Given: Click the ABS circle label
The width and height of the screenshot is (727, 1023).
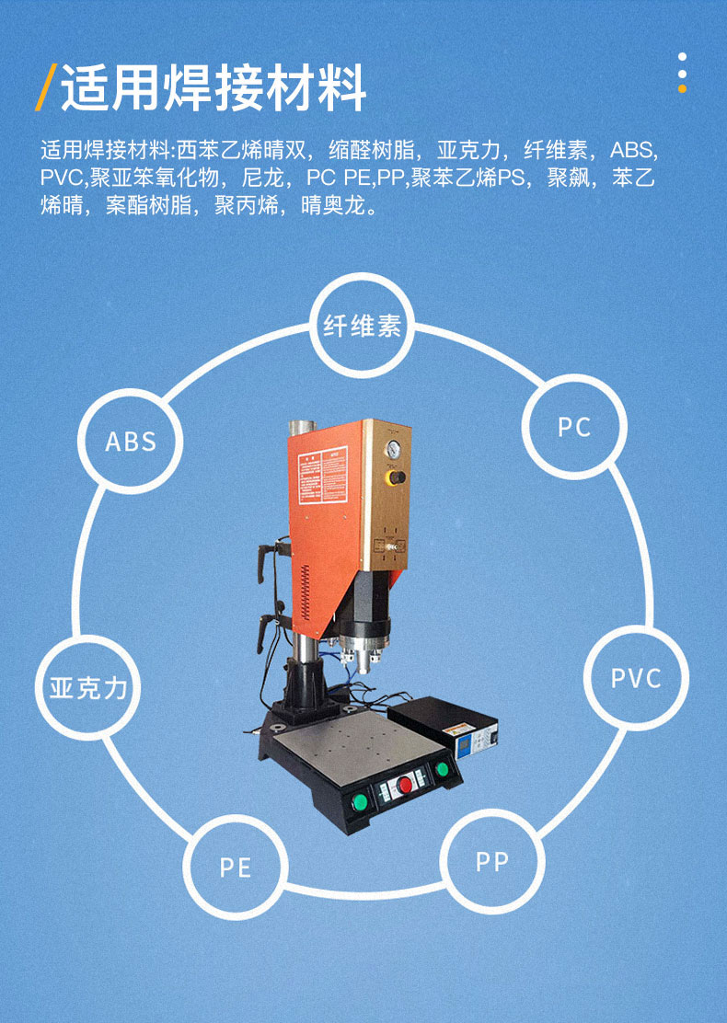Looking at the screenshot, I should pyautogui.click(x=131, y=441).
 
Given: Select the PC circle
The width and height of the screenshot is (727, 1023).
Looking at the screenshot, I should pyautogui.click(x=574, y=426).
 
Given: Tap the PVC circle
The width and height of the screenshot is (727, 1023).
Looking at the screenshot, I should pyautogui.click(x=636, y=678).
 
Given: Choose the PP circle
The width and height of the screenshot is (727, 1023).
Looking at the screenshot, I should pyautogui.click(x=492, y=862).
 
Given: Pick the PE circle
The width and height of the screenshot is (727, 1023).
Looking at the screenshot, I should pyautogui.click(x=236, y=867).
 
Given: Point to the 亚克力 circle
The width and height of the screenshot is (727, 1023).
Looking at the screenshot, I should pyautogui.click(x=88, y=687).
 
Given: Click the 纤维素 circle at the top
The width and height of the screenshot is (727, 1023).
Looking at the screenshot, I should pyautogui.click(x=363, y=326).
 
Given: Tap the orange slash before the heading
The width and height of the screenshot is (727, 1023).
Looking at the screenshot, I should pyautogui.click(x=45, y=88).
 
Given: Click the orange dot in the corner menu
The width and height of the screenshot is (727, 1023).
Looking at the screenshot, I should pyautogui.click(x=682, y=89).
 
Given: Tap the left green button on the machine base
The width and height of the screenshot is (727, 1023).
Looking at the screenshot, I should pyautogui.click(x=360, y=801).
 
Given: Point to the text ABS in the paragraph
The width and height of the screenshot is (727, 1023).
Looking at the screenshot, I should pyautogui.click(x=634, y=151).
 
